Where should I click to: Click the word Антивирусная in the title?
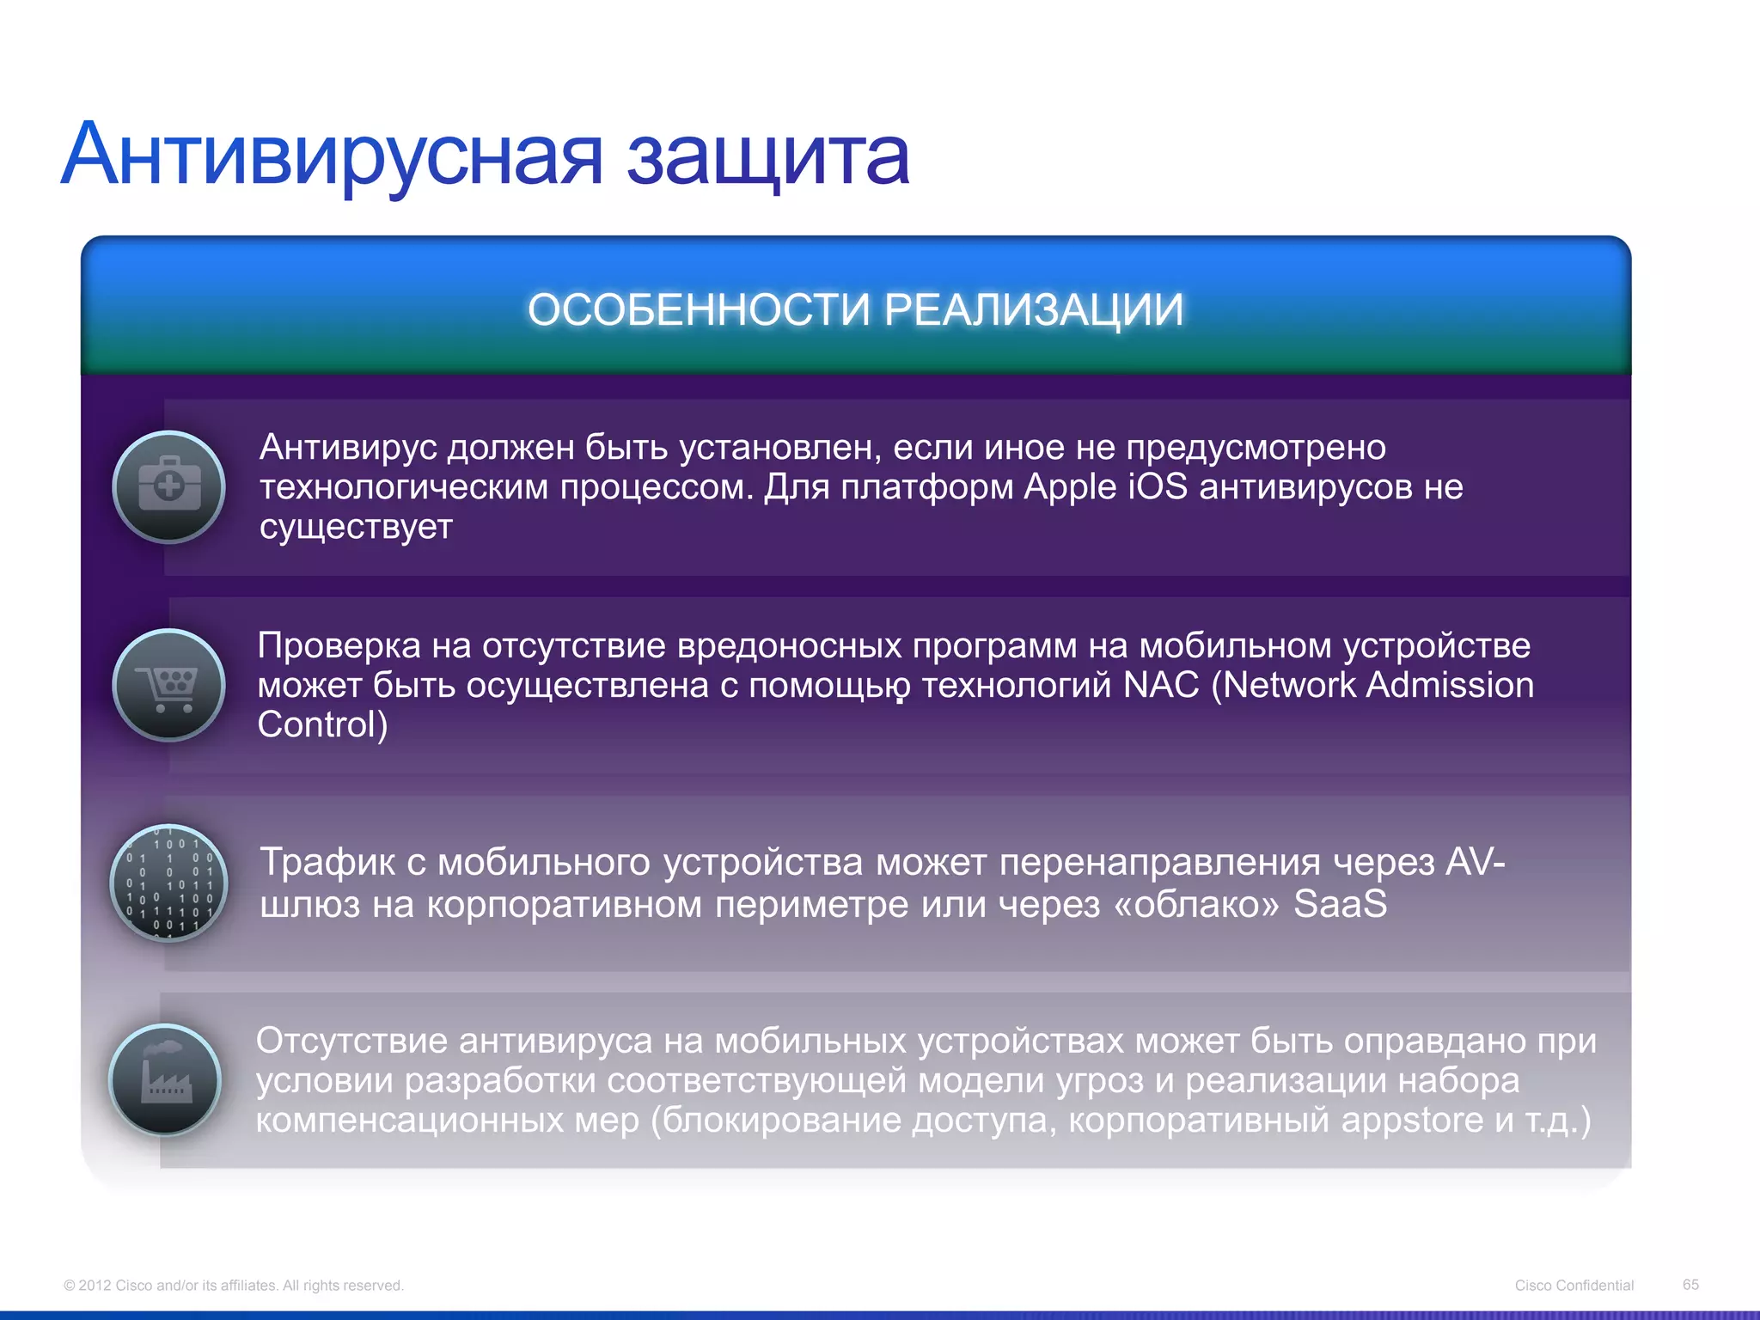tap(332, 155)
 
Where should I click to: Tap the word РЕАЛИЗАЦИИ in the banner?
tap(1034, 309)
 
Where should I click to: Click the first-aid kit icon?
tap(169, 486)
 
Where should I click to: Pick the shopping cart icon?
tap(169, 685)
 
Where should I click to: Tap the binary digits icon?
tap(169, 883)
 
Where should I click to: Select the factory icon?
tap(166, 1080)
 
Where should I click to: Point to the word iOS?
tap(1158, 487)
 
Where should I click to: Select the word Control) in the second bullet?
tap(322, 725)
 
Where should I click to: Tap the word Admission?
tap(1450, 686)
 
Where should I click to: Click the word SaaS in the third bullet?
tap(1340, 904)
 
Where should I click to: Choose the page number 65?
tap(1690, 1284)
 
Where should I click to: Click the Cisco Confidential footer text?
tap(1574, 1285)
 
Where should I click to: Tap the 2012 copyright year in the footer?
tap(95, 1286)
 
